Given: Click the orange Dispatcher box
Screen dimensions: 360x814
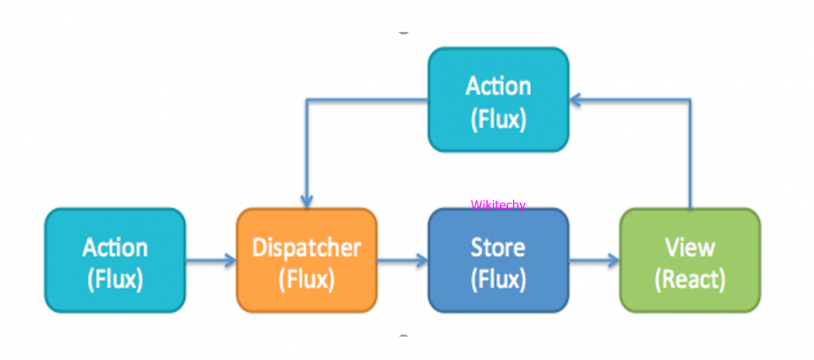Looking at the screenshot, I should (306, 261).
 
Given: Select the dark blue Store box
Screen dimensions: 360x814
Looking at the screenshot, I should (498, 261).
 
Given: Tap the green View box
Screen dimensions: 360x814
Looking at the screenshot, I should (690, 261).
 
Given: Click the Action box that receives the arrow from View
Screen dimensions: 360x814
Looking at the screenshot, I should (498, 100).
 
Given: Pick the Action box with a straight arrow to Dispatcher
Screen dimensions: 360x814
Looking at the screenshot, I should (115, 261).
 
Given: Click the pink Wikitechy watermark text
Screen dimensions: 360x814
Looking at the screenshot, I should (498, 205).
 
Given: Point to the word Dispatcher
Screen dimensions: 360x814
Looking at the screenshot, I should (306, 248).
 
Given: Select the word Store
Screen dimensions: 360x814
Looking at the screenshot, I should (498, 248).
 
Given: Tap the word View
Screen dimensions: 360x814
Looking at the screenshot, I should (690, 248).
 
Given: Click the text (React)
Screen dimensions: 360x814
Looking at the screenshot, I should (690, 279).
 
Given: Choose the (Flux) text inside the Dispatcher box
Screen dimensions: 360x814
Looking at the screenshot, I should (306, 279).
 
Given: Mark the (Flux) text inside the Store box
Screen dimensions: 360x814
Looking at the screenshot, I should (498, 279).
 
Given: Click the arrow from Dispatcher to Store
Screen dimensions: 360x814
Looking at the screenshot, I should (402, 261).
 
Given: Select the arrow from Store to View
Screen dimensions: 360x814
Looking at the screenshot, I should (594, 261).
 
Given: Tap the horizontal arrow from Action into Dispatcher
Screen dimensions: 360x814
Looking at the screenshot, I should (210, 261).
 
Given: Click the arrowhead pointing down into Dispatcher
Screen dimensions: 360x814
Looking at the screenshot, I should (306, 201).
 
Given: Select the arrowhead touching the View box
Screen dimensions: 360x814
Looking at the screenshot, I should (613, 261).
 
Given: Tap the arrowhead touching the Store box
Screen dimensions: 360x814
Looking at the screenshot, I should (421, 261).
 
